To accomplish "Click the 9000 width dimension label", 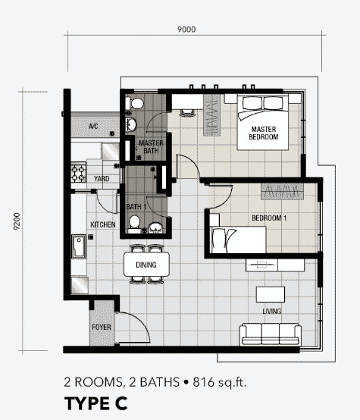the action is click(186, 30).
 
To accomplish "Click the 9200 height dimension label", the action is click(17, 221).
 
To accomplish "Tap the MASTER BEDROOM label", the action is click(264, 133).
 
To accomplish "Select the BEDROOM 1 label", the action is click(269, 218).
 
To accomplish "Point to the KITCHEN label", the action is click(103, 224).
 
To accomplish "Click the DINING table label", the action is click(146, 265).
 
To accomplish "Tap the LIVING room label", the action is click(271, 312).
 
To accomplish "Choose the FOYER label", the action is click(102, 327).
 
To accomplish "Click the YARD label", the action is click(102, 179).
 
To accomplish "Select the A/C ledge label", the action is click(93, 126).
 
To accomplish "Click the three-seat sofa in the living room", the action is click(271, 334).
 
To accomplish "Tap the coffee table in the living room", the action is click(271, 294).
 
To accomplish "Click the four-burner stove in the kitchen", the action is click(79, 174).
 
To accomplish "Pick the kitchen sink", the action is click(79, 246).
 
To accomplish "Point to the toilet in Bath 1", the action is click(134, 224).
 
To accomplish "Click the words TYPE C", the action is click(96, 403).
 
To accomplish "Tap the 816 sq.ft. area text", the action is click(219, 382).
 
